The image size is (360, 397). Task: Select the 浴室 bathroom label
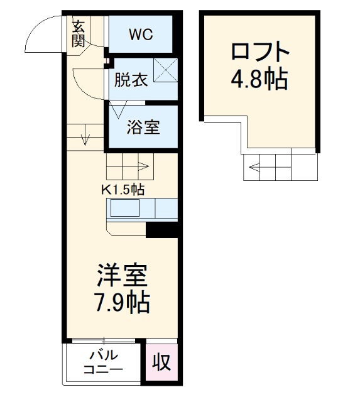(x=143, y=127)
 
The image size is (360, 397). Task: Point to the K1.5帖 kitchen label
(x=123, y=190)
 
